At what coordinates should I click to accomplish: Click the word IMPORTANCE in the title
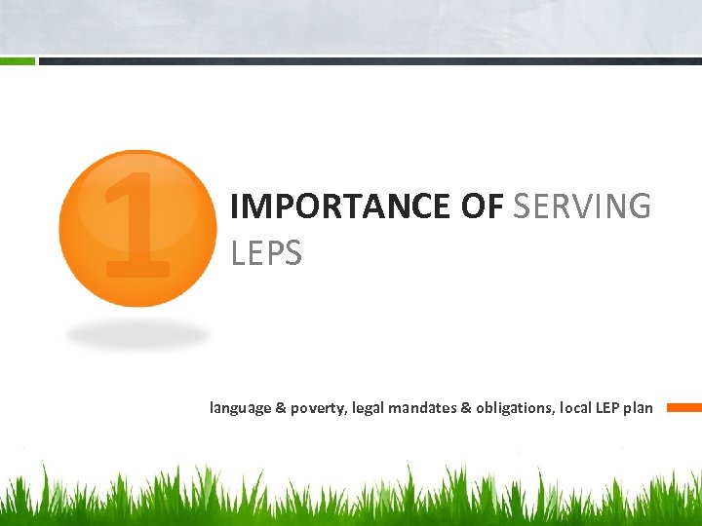click(x=338, y=207)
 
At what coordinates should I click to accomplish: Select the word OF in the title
click(x=482, y=207)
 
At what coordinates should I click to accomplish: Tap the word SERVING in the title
click(x=581, y=207)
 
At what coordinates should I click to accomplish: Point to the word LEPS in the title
click(x=266, y=253)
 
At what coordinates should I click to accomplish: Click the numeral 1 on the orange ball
click(x=137, y=224)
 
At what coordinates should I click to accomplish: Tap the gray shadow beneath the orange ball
click(x=137, y=335)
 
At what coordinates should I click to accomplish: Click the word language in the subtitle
click(x=240, y=408)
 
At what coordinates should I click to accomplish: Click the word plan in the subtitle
click(x=641, y=408)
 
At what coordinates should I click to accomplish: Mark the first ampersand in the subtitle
click(x=281, y=408)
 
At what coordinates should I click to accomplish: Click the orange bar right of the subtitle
click(x=683, y=408)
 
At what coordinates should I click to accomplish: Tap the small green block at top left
click(x=17, y=60)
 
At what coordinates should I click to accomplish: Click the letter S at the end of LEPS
click(x=293, y=253)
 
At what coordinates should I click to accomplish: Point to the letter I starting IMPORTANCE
click(x=234, y=207)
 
